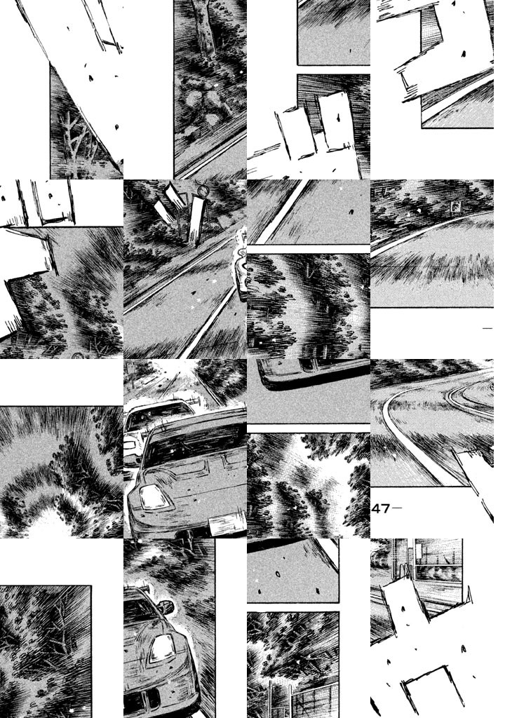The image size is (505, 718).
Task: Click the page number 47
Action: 380,509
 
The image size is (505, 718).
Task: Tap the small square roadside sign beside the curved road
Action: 455,208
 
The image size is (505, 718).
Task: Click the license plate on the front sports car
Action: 227,525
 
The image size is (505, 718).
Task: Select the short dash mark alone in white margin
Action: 487,328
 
